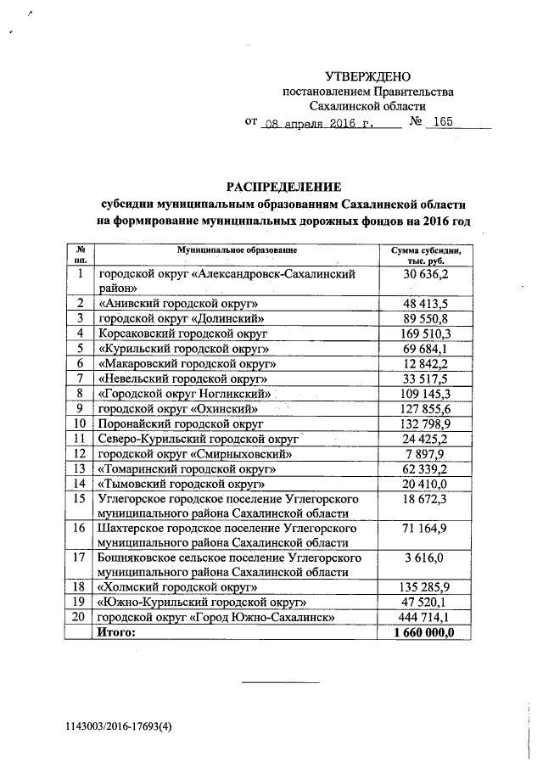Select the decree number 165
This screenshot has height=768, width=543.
(x=441, y=122)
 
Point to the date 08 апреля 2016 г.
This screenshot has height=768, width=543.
(x=318, y=123)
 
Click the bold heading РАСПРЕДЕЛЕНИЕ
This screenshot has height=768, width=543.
(x=283, y=186)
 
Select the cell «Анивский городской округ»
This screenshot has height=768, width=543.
(x=178, y=303)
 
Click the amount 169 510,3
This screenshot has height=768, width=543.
(x=425, y=334)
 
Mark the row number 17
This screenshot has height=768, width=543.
(x=79, y=558)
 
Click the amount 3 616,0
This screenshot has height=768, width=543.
(x=425, y=558)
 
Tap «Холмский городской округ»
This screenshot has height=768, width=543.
(x=178, y=586)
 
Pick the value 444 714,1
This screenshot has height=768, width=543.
(x=425, y=617)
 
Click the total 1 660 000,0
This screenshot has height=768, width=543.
(x=424, y=632)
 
